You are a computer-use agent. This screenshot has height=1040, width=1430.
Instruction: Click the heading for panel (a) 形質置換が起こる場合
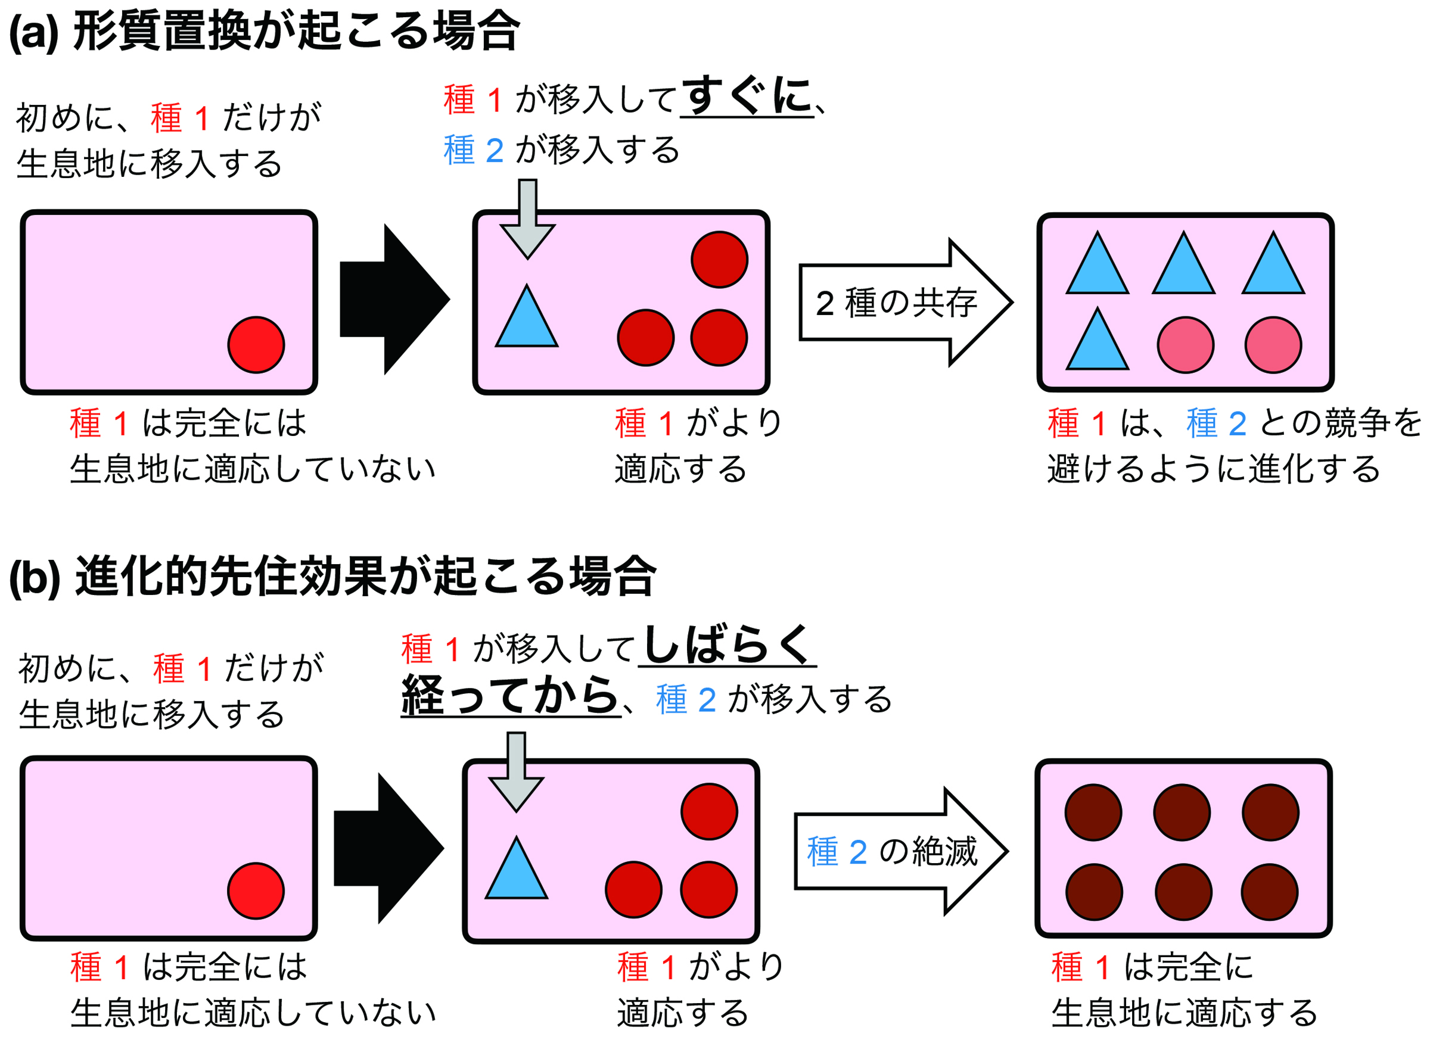point(265,32)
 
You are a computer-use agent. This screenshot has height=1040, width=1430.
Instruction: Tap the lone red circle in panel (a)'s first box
point(256,345)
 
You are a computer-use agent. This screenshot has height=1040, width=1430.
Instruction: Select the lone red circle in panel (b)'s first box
point(256,890)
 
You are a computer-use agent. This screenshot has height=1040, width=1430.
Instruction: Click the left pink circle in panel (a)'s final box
point(1185,345)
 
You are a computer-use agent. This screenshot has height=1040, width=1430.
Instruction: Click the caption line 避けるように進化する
point(1214,469)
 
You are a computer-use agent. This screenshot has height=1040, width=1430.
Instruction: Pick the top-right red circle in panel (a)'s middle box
point(719,260)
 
